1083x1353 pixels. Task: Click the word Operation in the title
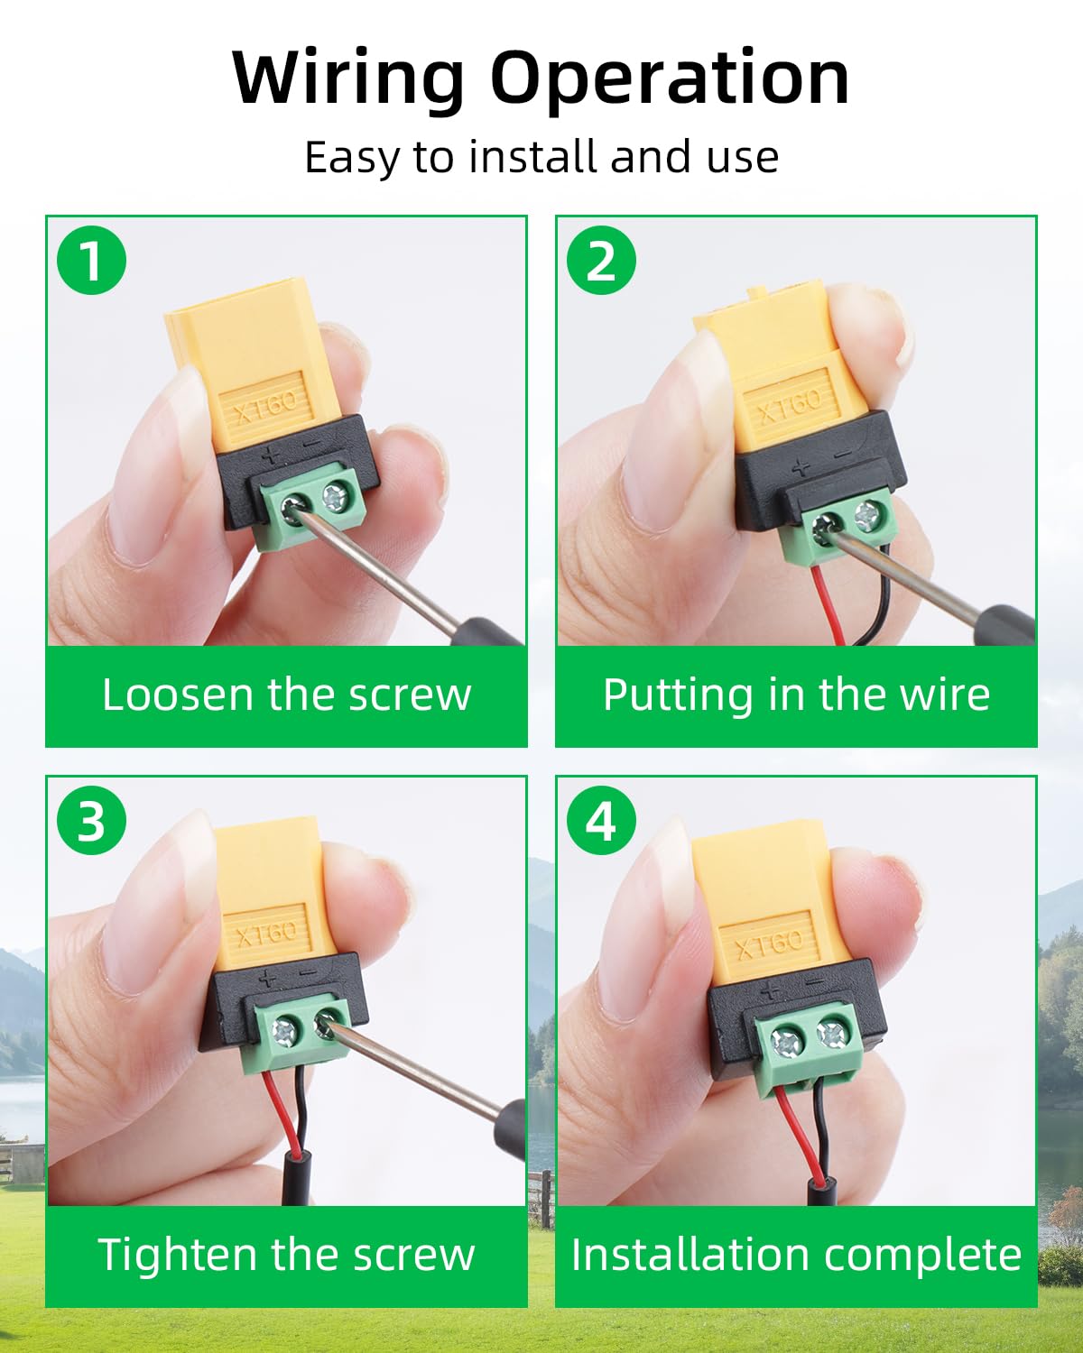pyautogui.click(x=671, y=78)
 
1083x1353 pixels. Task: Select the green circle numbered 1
pyautogui.click(x=91, y=261)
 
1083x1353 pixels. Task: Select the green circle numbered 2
pyautogui.click(x=601, y=261)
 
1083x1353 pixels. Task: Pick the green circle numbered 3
pyautogui.click(x=91, y=821)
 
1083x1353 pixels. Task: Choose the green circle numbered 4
pyautogui.click(x=601, y=821)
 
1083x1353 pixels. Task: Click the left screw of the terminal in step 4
pyautogui.click(x=786, y=1043)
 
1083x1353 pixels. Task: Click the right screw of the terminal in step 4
pyautogui.click(x=832, y=1033)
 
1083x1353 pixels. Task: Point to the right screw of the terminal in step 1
pyautogui.click(x=335, y=497)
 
